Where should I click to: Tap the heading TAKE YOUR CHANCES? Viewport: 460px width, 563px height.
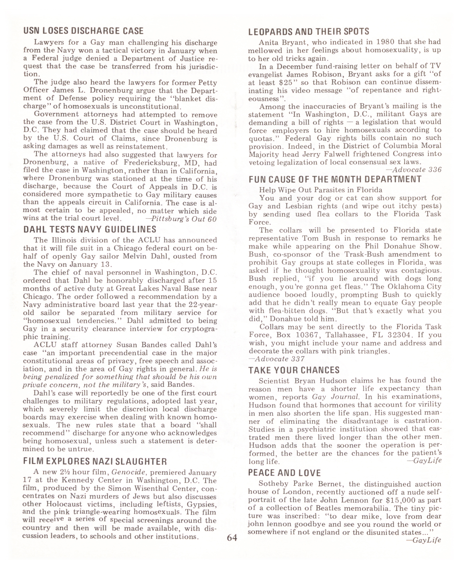coord(294,370)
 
